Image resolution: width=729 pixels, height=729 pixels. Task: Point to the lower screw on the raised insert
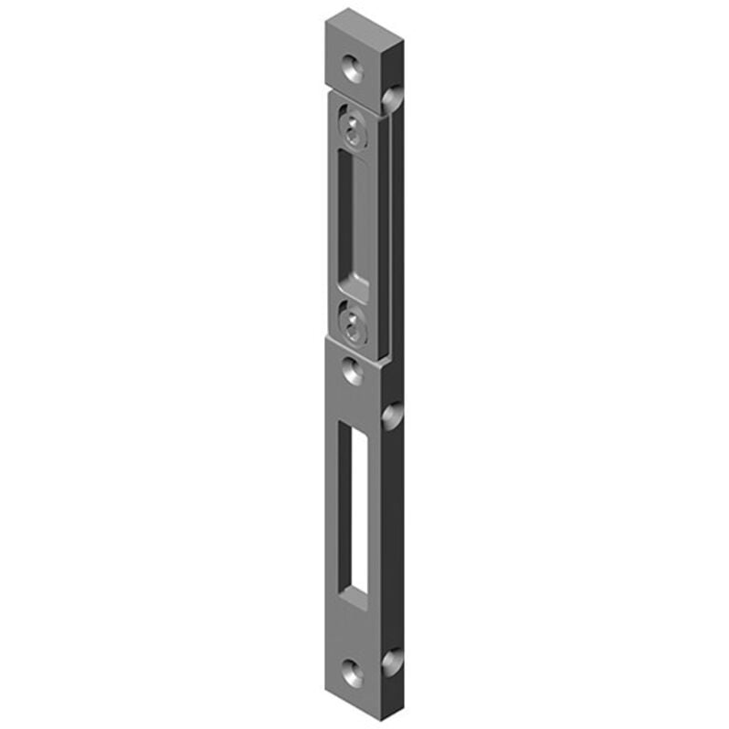click(x=353, y=322)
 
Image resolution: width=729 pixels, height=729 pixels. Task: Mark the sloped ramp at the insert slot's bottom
click(x=357, y=289)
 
